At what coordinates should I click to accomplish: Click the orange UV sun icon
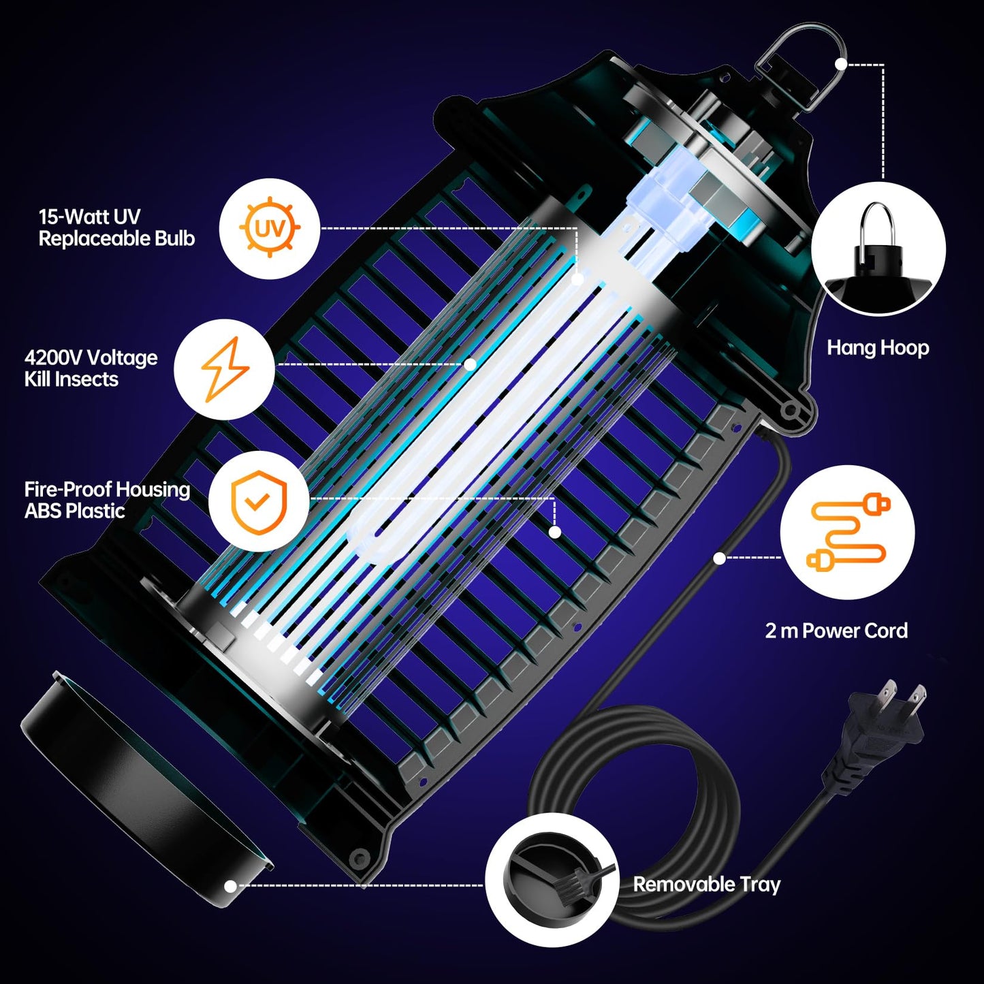270,228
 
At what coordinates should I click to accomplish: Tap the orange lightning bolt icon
225,368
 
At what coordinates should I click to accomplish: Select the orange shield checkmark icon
259,501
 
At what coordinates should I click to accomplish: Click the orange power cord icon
848,533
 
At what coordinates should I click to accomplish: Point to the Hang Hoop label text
878,348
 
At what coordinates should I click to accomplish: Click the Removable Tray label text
706,885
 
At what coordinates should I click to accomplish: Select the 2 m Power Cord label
836,631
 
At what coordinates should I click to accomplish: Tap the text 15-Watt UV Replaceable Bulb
116,227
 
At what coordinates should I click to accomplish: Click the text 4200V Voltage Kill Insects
91,368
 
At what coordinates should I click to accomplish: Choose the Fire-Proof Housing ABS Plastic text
107,500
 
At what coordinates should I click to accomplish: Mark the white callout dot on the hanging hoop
841,64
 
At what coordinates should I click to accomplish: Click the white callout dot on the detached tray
231,886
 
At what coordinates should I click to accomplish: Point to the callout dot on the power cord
719,558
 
